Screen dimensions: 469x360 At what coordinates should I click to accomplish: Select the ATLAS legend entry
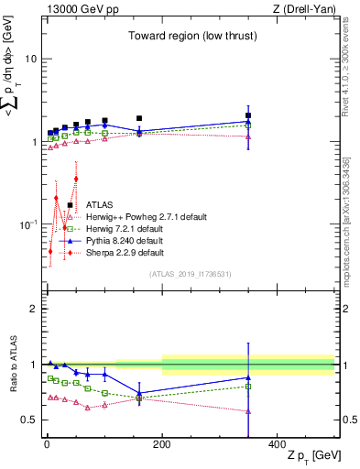pyautogui.click(x=99, y=205)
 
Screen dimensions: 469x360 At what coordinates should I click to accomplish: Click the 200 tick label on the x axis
pyautogui.click(x=162, y=442)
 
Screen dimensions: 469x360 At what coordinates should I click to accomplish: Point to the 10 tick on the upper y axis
pyautogui.click(x=30, y=59)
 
